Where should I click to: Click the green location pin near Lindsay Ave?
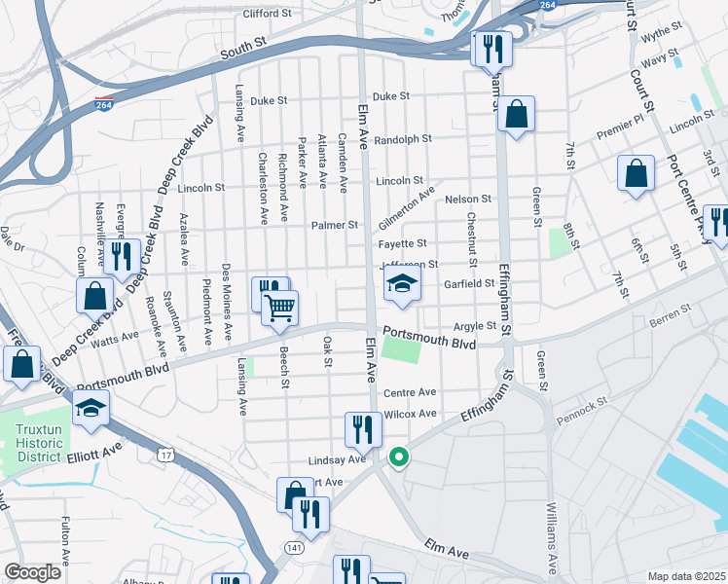click(398, 456)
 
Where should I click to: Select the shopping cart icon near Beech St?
click(280, 308)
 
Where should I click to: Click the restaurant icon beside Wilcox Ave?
click(362, 427)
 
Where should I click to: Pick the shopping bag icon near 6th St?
click(636, 174)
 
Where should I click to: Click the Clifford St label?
click(267, 14)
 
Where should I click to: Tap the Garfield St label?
click(470, 283)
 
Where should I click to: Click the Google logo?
click(32, 572)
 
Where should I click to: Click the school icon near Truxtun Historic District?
click(91, 409)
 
